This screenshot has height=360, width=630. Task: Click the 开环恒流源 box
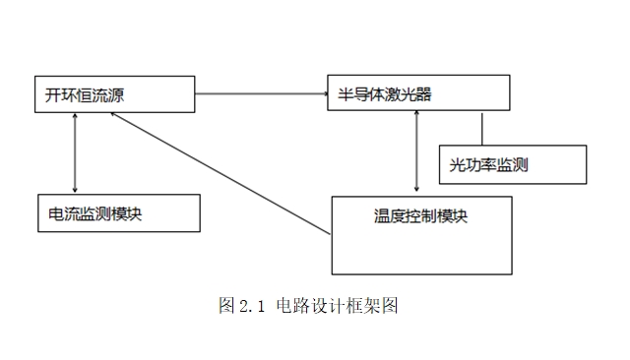pyautogui.click(x=115, y=93)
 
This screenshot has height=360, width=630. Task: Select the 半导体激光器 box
pyautogui.click(x=419, y=92)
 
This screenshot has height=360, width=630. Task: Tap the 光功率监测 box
pyautogui.click(x=510, y=163)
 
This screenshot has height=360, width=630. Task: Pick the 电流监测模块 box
pyautogui.click(x=116, y=212)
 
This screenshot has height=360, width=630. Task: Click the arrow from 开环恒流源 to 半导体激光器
pyautogui.click(x=262, y=93)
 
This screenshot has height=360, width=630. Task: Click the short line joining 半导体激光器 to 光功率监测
pyautogui.click(x=482, y=128)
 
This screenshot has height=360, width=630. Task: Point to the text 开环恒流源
pyautogui.click(x=85, y=94)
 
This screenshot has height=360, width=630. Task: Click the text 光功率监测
pyautogui.click(x=488, y=164)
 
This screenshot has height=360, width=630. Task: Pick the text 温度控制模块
pyautogui.click(x=420, y=215)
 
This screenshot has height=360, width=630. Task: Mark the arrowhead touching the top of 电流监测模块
pyautogui.click(x=75, y=189)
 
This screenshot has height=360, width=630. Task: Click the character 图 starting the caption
pyautogui.click(x=225, y=306)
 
